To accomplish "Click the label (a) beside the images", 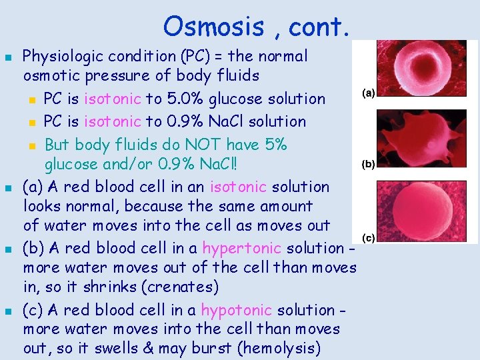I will click(x=367, y=93).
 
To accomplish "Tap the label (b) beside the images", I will click(x=367, y=163).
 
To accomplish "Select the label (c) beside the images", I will click(x=367, y=237).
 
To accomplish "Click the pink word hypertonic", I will click(x=241, y=248).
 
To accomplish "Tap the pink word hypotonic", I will click(x=236, y=310).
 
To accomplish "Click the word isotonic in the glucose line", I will click(x=113, y=99).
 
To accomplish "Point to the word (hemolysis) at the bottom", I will click(x=280, y=348).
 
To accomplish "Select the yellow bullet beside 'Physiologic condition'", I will click(x=9, y=57).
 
